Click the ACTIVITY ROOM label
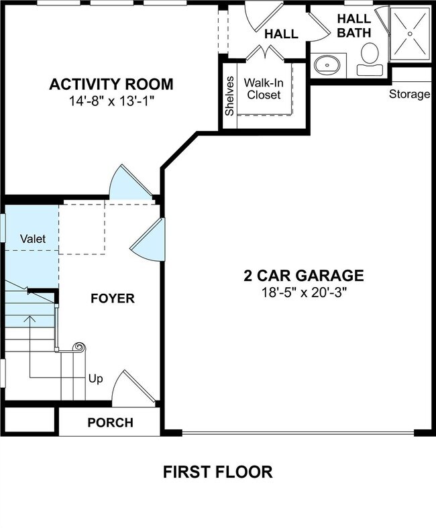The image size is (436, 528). pos(111,85)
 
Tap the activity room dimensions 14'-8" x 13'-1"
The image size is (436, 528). pos(111,101)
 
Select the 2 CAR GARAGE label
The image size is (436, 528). pos(303,275)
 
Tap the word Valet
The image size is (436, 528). pos(32,239)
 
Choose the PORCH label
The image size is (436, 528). pos(110,423)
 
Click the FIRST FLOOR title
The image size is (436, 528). pos(218,472)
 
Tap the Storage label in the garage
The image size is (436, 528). pos(409,94)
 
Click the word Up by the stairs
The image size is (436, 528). pos(96,379)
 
